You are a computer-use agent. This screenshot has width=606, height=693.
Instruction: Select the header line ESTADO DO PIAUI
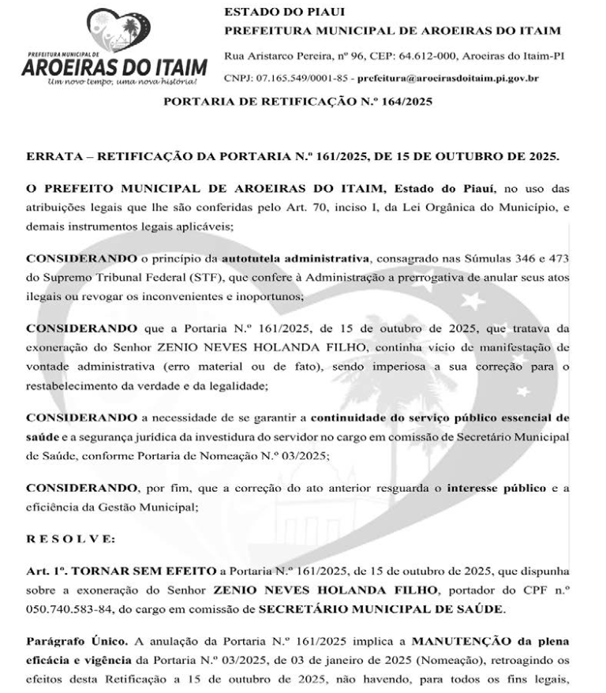[x=273, y=13]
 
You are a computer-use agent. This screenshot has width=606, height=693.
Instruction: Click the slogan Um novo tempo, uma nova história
[x=122, y=81]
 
